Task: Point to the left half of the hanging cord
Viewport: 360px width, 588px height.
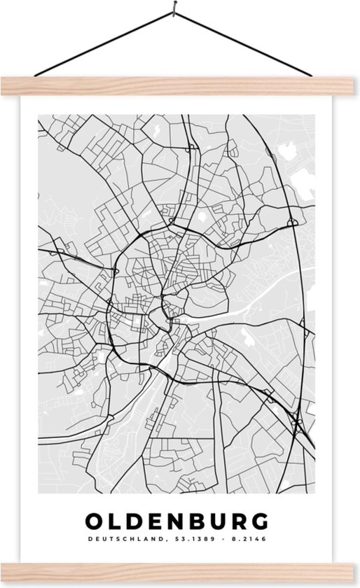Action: point(105,45)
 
